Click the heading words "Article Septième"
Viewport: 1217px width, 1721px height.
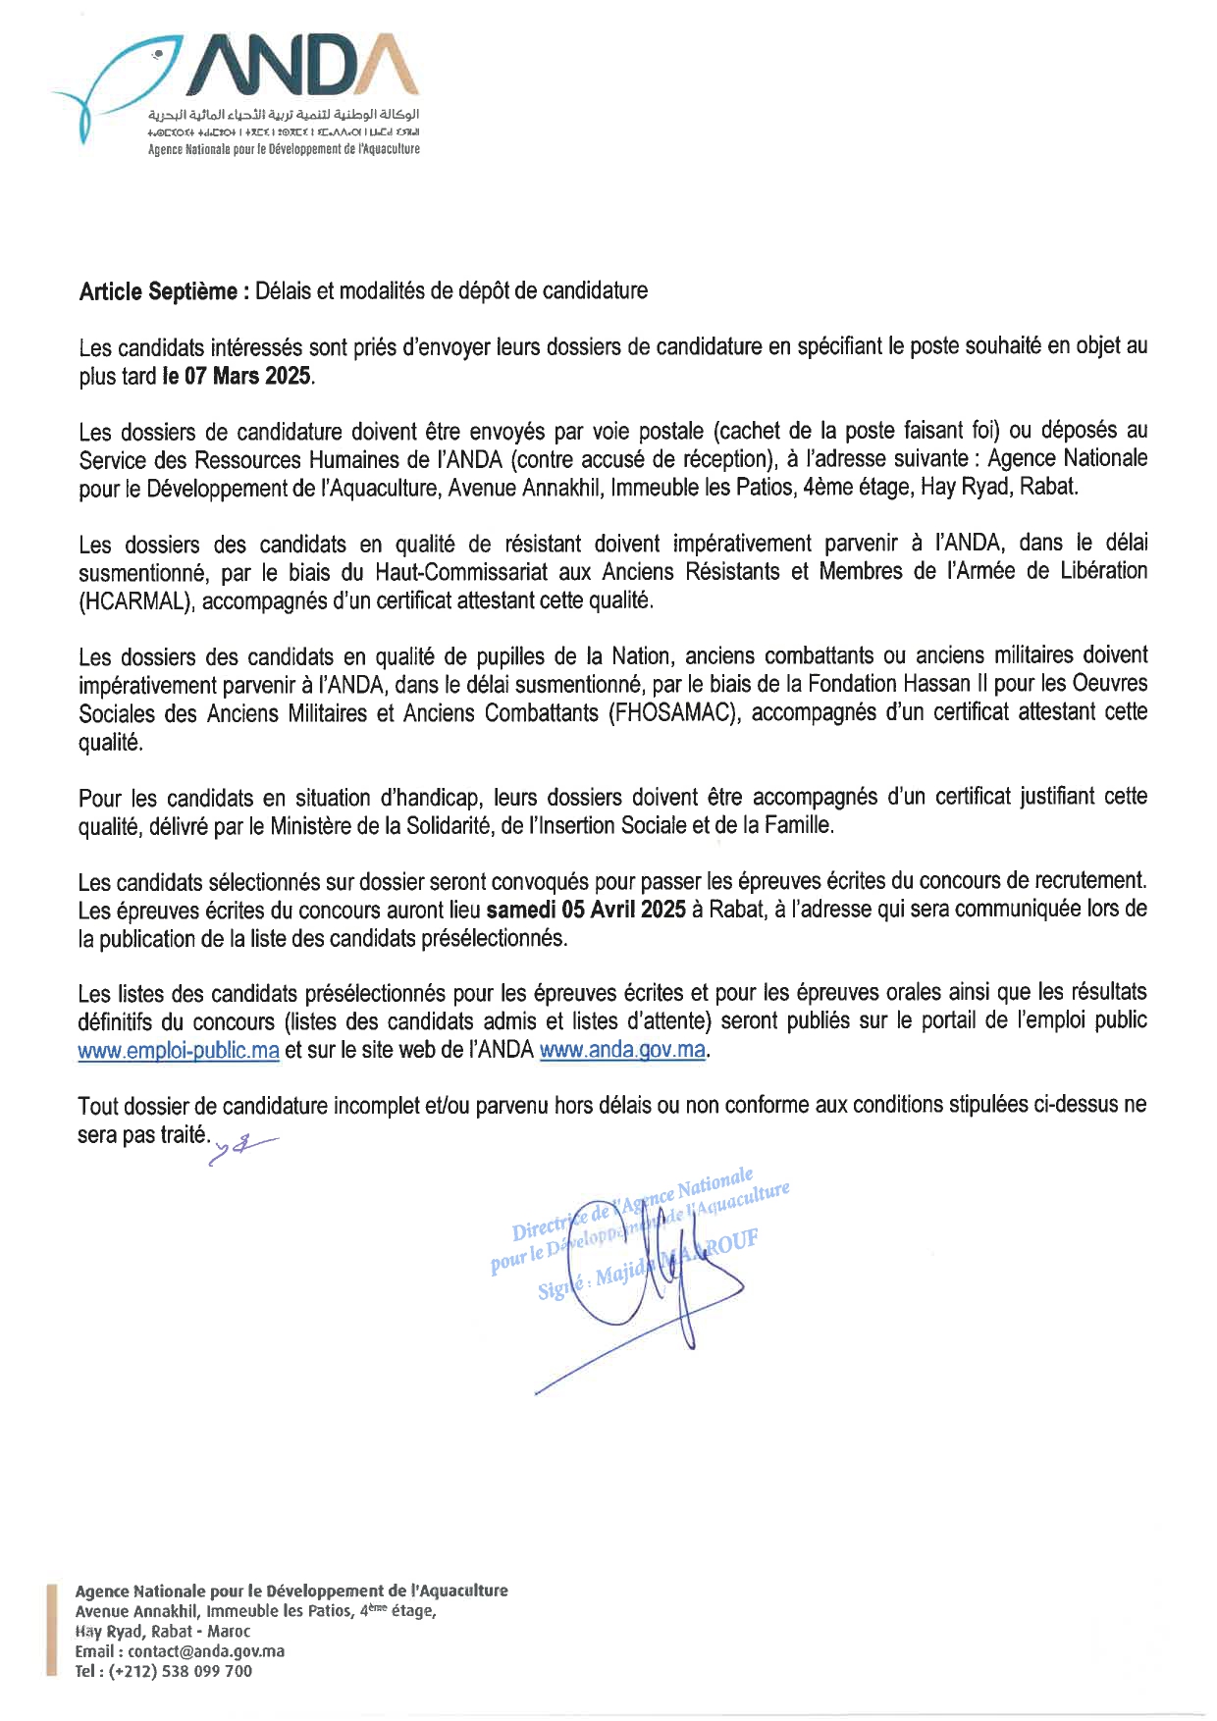click(x=157, y=291)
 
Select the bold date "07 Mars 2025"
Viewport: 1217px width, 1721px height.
click(x=247, y=376)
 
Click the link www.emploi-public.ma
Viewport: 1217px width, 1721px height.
click(x=179, y=1050)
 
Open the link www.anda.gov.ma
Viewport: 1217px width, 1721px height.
click(x=622, y=1050)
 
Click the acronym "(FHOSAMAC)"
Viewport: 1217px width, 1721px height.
click(x=673, y=713)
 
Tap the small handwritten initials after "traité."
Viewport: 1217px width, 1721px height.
click(x=241, y=1144)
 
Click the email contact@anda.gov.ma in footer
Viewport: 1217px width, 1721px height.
click(x=206, y=1650)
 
